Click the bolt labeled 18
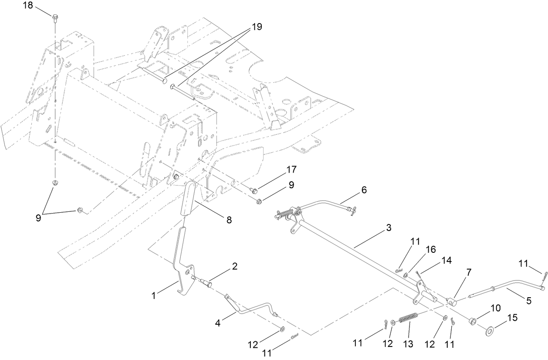tap(55, 17)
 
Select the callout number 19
tap(257, 27)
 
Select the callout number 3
tap(389, 228)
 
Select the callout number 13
tap(408, 344)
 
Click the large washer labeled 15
tap(490, 330)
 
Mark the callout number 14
tap(447, 260)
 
